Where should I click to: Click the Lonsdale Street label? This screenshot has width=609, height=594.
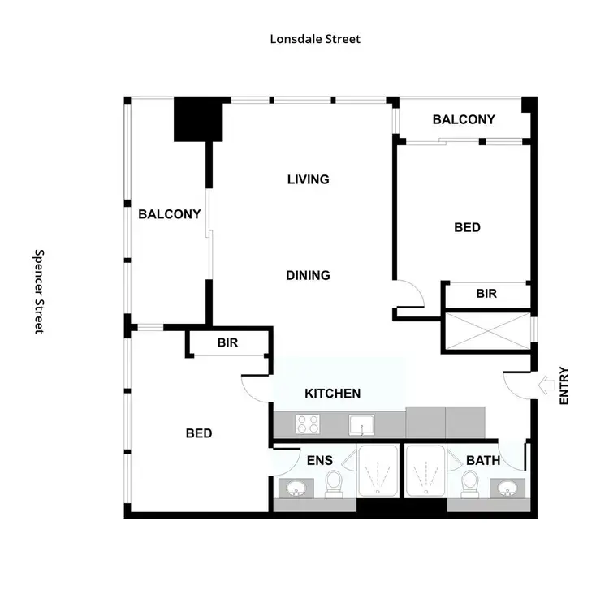[x=315, y=38]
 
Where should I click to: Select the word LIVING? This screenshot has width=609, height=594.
[x=308, y=179]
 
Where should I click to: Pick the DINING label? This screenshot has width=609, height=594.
[x=308, y=275]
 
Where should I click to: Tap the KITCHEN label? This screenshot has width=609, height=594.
[x=332, y=394]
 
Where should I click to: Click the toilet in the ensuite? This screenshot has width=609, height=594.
[x=333, y=484]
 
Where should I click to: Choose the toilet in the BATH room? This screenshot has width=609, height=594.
[x=469, y=484]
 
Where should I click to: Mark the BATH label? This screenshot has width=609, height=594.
[x=482, y=460]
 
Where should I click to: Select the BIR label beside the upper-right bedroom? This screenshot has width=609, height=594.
[x=486, y=294]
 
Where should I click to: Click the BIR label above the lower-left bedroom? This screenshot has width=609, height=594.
[x=227, y=342]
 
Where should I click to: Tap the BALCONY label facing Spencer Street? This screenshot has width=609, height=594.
[x=169, y=214]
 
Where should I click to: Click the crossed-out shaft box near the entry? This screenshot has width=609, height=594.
[x=486, y=331]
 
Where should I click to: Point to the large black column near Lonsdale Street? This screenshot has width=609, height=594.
[x=198, y=118]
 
